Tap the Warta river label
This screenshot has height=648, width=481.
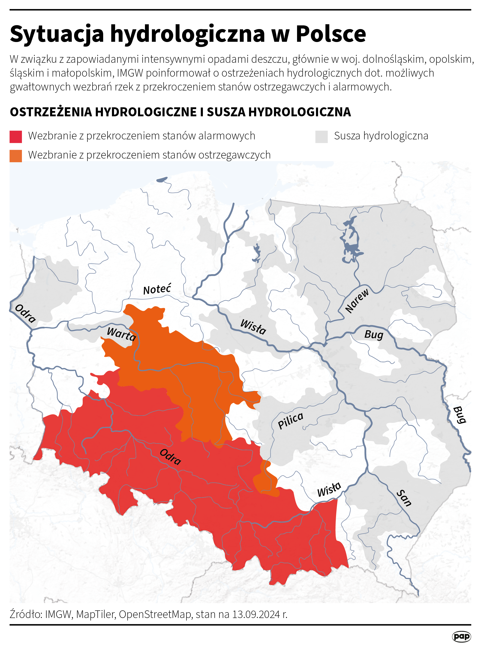(x=121, y=334)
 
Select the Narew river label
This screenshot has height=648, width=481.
(x=357, y=301)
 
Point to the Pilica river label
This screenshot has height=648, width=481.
(x=290, y=420)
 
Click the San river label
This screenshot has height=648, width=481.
(x=404, y=498)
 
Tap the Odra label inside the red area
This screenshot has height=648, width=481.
(x=170, y=457)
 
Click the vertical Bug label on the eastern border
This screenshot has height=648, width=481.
(x=460, y=415)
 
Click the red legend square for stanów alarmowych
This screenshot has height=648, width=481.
(x=16, y=137)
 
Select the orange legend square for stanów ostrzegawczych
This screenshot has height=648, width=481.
(x=16, y=156)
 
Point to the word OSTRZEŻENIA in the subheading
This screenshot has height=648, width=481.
(x=51, y=112)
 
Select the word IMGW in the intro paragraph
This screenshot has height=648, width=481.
(x=130, y=73)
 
